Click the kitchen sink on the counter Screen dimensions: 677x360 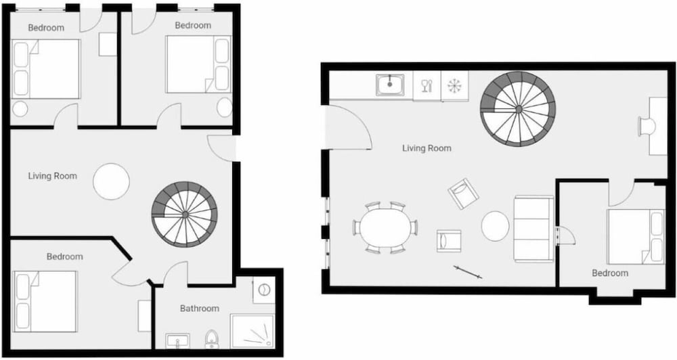390,85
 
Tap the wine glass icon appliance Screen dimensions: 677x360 427,85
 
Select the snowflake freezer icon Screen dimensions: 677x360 455,85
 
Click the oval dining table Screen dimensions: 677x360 385,227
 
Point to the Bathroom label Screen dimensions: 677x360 200,308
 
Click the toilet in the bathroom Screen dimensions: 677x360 211,339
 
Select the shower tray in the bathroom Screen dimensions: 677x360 253,331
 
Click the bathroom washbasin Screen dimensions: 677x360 177,341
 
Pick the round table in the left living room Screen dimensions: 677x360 112,181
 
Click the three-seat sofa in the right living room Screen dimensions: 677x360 533,229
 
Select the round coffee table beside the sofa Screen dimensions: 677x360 496,226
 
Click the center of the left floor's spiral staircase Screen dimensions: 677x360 185,214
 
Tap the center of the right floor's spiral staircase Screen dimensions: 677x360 518,109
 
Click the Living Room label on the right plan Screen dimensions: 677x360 427,148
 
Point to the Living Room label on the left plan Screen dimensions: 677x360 53,176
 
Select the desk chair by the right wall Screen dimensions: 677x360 647,127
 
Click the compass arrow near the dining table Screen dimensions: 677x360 468,273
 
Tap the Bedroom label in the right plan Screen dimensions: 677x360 610,273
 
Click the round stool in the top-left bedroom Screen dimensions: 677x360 20,109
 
